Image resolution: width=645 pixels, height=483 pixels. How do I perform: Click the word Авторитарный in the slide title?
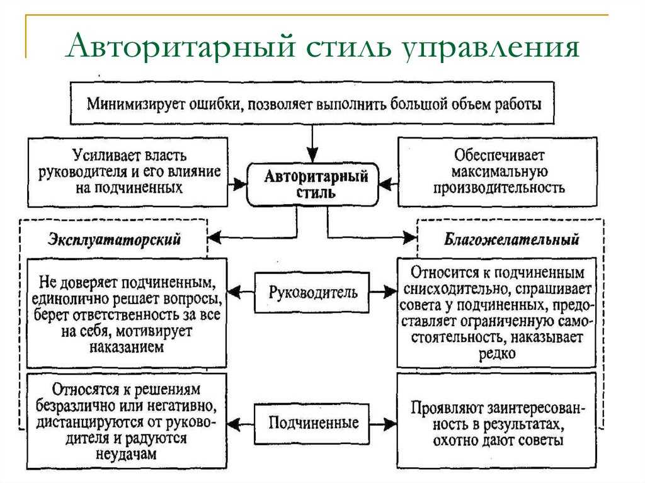[181, 45]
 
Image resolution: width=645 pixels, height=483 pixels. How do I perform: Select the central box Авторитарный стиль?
[312, 185]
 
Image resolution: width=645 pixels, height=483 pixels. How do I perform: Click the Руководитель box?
[312, 293]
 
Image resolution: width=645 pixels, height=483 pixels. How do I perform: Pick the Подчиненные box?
[312, 423]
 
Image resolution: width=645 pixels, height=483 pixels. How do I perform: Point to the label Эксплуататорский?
[115, 239]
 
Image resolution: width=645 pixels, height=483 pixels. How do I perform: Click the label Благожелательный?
[511, 239]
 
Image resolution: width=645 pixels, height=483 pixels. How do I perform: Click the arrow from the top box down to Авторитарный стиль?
[312, 144]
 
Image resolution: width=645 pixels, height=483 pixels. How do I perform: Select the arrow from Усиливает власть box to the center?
[237, 184]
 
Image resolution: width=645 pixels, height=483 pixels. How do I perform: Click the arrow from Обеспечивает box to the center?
[388, 184]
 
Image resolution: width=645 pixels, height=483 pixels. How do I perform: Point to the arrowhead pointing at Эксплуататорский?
[215, 237]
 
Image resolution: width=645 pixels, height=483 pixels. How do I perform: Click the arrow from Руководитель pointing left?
[241, 293]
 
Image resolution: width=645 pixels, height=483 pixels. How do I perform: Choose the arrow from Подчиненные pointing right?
[383, 424]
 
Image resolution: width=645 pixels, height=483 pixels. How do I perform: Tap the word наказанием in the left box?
[127, 347]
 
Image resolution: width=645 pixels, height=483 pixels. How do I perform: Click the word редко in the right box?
[497, 353]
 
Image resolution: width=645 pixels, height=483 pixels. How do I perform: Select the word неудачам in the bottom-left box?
[126, 454]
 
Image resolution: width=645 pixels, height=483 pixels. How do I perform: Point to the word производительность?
[499, 188]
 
